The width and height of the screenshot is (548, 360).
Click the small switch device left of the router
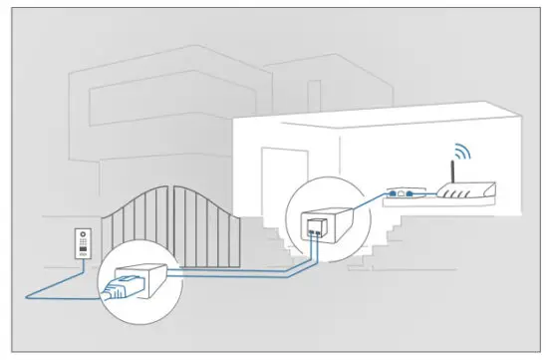403,191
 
